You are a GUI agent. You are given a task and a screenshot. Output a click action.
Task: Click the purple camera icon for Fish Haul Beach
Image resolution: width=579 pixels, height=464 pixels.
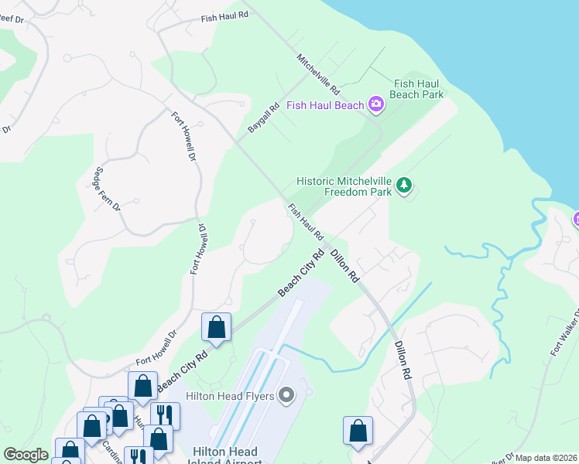[x=376, y=105]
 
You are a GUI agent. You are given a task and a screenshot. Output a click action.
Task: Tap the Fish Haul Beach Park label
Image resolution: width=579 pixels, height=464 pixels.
[x=418, y=89]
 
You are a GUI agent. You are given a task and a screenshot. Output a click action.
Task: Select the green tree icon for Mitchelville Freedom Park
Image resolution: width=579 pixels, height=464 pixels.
[x=403, y=186]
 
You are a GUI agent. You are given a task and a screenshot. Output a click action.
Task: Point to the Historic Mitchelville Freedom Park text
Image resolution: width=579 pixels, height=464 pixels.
[x=344, y=186]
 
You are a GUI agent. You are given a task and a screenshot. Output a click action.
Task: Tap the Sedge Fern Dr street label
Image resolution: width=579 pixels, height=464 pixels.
[x=107, y=189]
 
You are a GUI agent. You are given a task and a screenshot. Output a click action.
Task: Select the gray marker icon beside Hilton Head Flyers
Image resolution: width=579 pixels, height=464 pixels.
[x=286, y=397]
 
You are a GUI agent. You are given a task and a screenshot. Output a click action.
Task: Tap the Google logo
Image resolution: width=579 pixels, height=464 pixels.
[x=26, y=455]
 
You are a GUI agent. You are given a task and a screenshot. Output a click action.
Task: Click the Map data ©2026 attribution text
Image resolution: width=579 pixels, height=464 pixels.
[x=545, y=458]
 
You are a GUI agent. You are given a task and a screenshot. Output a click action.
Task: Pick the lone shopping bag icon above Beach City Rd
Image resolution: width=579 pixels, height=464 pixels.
[x=216, y=327]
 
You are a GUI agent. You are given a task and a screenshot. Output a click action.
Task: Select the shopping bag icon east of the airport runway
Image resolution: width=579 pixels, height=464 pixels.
[x=358, y=432]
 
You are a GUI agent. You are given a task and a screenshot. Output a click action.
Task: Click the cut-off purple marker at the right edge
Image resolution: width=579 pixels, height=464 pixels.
[x=575, y=220]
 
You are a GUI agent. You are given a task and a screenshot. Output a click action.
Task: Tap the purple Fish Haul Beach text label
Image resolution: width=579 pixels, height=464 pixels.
[x=325, y=105]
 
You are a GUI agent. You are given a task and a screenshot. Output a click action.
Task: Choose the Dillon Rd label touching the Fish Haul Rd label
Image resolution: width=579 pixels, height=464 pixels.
[x=345, y=265]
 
